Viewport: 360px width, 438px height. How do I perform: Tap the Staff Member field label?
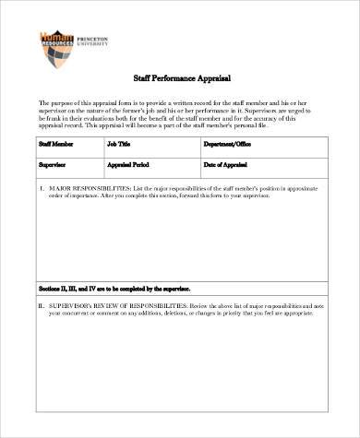54,145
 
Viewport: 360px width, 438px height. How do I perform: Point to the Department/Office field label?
229,145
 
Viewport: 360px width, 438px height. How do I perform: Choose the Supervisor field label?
51,164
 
